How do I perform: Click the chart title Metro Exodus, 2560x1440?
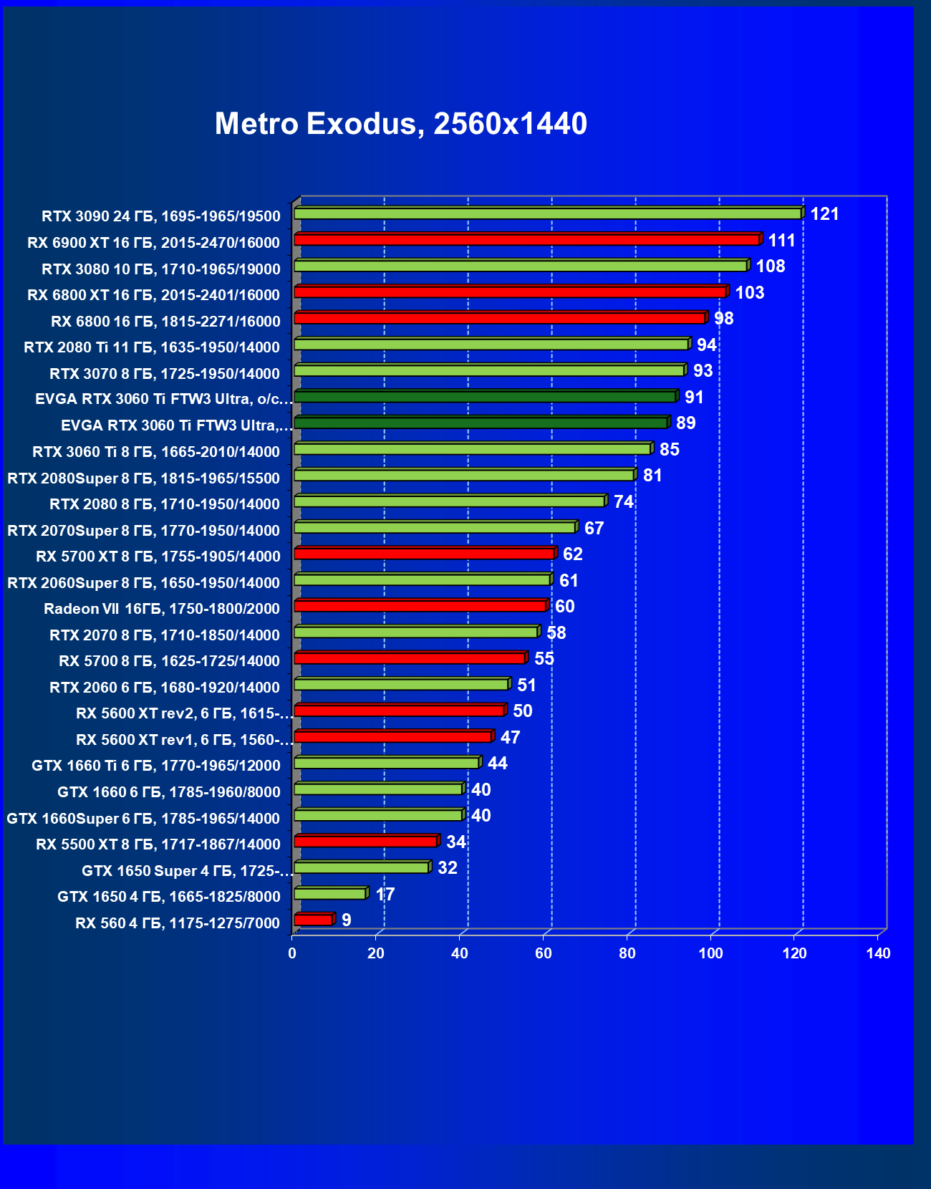coord(401,124)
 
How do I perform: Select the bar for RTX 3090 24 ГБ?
coord(548,213)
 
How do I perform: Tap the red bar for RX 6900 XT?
coord(526,239)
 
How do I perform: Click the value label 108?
coord(771,266)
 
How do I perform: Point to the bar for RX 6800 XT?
coord(510,292)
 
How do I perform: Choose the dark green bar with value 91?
coord(485,397)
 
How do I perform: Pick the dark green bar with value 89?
coord(481,423)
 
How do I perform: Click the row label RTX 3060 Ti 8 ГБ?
coord(156,452)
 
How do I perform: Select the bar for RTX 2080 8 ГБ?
coord(449,501)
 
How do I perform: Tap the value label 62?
coord(573,554)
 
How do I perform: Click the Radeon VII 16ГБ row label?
coord(162,609)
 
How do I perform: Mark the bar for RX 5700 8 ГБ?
coord(410,658)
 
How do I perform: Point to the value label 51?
coord(527,685)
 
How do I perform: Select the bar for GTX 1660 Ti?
coord(387,763)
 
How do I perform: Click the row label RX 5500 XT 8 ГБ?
coord(158,844)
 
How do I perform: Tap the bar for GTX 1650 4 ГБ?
coord(330,894)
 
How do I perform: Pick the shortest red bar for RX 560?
coord(313,920)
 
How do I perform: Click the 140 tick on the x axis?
coord(878,953)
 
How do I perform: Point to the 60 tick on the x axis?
coord(544,953)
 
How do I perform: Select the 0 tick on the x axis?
coord(292,953)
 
